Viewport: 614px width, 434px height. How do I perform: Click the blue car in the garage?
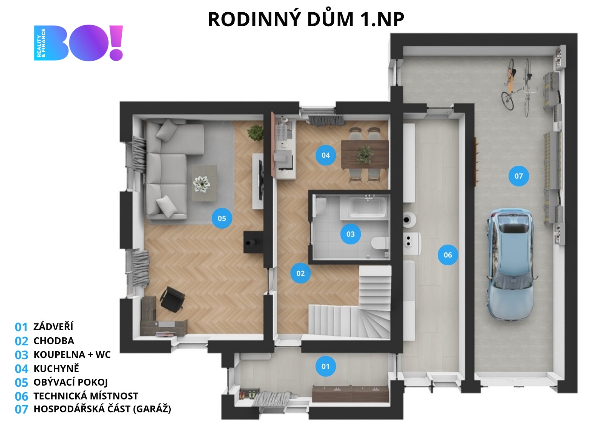[x=510, y=264]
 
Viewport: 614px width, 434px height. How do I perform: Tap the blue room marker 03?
[x=351, y=234]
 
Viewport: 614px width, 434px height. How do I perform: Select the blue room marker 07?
[x=518, y=176]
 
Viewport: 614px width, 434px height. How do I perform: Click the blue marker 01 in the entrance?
[x=326, y=366]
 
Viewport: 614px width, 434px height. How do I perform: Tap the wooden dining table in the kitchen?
[x=365, y=154]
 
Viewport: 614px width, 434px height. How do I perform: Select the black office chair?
[x=172, y=299]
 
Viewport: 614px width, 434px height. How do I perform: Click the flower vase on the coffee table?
[x=201, y=183]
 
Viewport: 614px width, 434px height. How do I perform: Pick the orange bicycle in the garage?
[x=509, y=85]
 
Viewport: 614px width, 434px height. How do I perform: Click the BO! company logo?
[x=78, y=43]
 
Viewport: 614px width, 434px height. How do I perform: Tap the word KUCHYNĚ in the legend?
[x=56, y=368]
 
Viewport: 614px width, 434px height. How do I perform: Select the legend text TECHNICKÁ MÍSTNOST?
[x=86, y=396]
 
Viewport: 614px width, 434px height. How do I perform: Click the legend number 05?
[x=21, y=383]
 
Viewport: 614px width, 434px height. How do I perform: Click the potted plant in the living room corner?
[x=255, y=133]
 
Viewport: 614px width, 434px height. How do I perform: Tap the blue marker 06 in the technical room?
[x=448, y=255]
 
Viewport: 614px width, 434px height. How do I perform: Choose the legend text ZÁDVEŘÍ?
[x=53, y=327]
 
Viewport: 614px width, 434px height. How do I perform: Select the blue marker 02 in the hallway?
[x=301, y=273]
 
